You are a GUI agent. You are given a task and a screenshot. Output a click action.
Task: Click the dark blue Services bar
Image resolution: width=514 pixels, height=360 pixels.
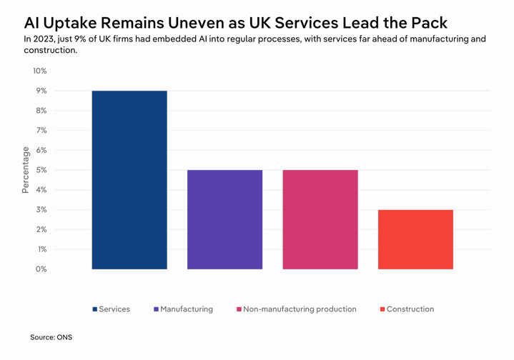(129, 180)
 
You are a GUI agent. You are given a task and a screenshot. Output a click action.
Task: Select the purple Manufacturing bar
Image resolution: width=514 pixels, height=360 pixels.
(224, 219)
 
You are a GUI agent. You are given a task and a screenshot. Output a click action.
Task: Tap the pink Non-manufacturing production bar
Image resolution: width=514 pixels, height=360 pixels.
(320, 219)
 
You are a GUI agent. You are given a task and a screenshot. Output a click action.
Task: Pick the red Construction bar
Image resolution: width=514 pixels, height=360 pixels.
(415, 239)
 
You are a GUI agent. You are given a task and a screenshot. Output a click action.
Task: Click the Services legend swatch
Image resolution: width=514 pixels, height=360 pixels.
(95, 309)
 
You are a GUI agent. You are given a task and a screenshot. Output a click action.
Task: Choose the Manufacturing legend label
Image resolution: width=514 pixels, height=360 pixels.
(187, 309)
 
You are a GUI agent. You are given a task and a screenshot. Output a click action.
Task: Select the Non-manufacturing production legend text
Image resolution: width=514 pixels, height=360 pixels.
(300, 309)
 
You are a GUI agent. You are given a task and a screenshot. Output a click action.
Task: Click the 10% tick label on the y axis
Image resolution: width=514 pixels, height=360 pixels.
(39, 71)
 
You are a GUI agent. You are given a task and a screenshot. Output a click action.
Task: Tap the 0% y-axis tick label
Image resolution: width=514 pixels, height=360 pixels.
(41, 269)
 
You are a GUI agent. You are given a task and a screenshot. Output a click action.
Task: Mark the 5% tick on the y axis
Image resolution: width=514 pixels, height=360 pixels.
(41, 170)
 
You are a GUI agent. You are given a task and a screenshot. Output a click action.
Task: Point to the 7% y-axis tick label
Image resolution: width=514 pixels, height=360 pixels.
(41, 131)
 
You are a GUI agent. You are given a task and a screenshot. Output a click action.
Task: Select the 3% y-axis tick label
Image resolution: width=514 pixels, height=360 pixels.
(41, 210)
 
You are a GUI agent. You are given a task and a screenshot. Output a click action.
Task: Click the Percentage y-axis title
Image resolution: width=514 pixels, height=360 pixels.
(26, 170)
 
